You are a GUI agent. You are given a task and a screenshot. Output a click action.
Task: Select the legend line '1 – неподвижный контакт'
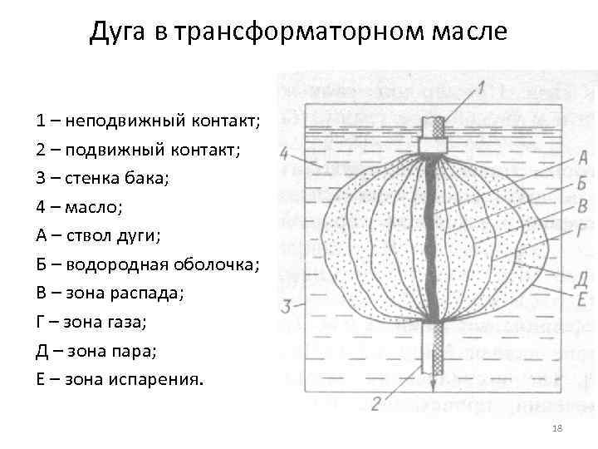(149, 121)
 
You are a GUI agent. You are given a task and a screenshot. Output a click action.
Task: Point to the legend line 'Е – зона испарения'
(119, 380)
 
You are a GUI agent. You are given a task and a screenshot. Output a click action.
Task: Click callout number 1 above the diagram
(481, 86)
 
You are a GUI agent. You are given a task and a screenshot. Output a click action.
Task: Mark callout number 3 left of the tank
(287, 306)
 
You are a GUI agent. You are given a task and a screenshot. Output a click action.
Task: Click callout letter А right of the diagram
(582, 157)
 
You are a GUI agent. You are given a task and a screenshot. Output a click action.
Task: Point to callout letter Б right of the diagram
(582, 183)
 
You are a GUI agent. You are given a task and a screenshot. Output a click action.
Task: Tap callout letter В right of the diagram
(582, 205)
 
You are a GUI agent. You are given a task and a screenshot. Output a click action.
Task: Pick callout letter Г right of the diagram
(581, 231)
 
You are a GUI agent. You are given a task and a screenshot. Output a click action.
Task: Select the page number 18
(557, 427)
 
